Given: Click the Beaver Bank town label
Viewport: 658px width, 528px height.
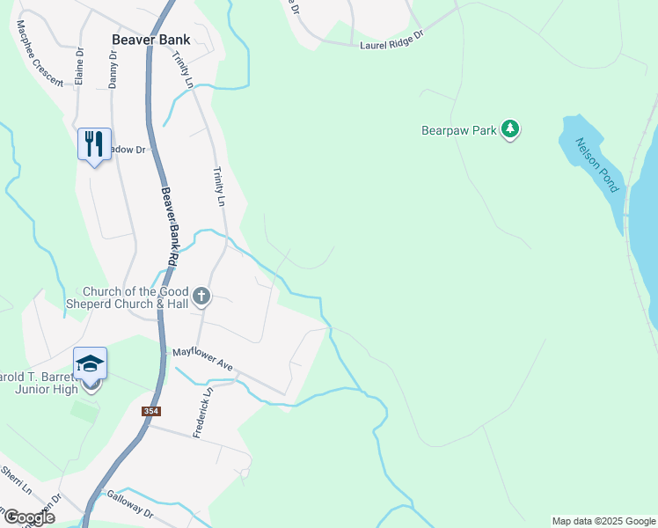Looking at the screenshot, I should pos(151,40).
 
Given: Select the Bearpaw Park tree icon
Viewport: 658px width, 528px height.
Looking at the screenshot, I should pos(510,130).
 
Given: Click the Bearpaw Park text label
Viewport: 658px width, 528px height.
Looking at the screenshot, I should pos(459,131).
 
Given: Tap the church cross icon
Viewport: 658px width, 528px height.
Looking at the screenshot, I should pos(201,296).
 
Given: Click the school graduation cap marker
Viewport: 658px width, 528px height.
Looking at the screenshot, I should pos(90,363).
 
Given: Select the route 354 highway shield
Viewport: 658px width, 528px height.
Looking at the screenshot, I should pos(150,411).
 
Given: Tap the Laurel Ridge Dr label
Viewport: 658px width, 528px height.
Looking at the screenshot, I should pos(391,40).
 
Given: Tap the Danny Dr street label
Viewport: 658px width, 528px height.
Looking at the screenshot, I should pos(113,68).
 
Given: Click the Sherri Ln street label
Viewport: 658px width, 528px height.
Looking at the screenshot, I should pos(16,480).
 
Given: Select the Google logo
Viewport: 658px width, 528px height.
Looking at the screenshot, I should pos(28,517).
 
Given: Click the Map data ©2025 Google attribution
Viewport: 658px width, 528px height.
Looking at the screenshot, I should pos(603,521).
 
